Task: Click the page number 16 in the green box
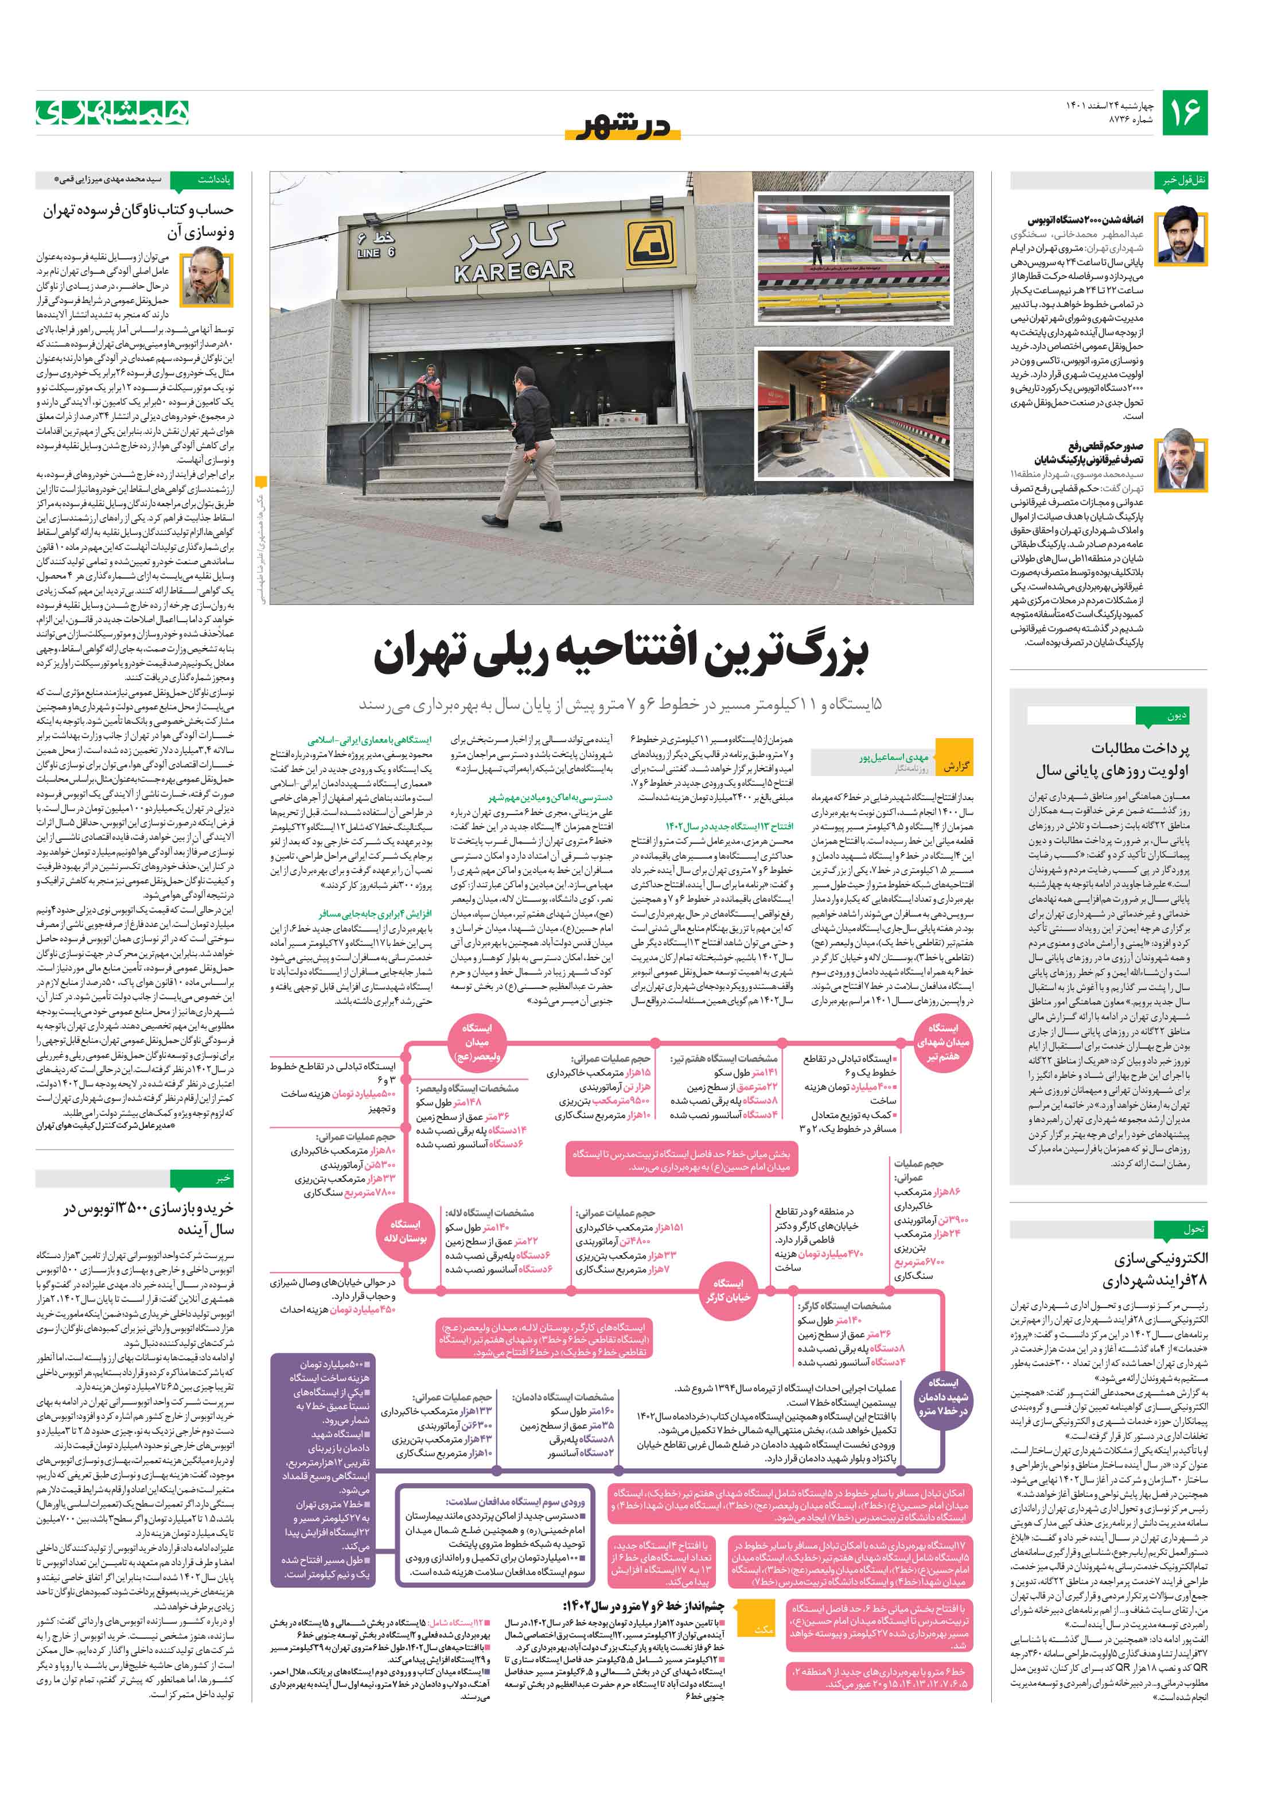click(x=1184, y=113)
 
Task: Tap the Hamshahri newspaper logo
click(x=112, y=113)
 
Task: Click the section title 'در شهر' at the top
click(x=623, y=126)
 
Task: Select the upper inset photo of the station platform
click(x=854, y=258)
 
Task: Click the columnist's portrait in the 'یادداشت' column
click(x=207, y=274)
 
